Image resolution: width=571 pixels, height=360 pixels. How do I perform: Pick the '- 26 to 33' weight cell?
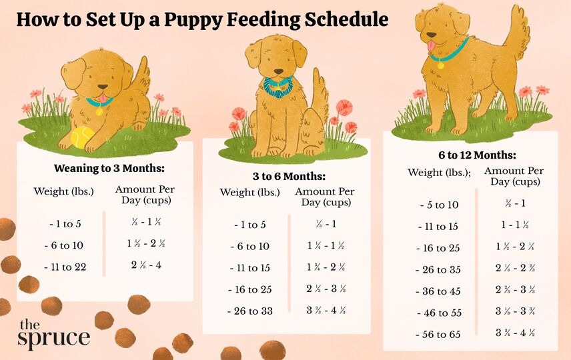pyautogui.click(x=251, y=311)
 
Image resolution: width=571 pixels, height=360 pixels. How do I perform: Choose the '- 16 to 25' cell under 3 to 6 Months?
pyautogui.click(x=251, y=290)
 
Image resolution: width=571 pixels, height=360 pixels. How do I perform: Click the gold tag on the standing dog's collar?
pyautogui.click(x=440, y=65)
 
